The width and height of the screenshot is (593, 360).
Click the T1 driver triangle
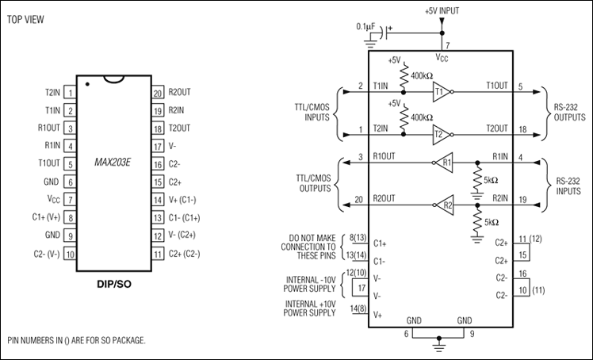pyautogui.click(x=442, y=92)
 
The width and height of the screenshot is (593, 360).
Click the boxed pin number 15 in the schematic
pyautogui.click(x=523, y=255)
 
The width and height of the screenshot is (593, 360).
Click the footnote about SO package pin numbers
pyautogui.click(x=76, y=340)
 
